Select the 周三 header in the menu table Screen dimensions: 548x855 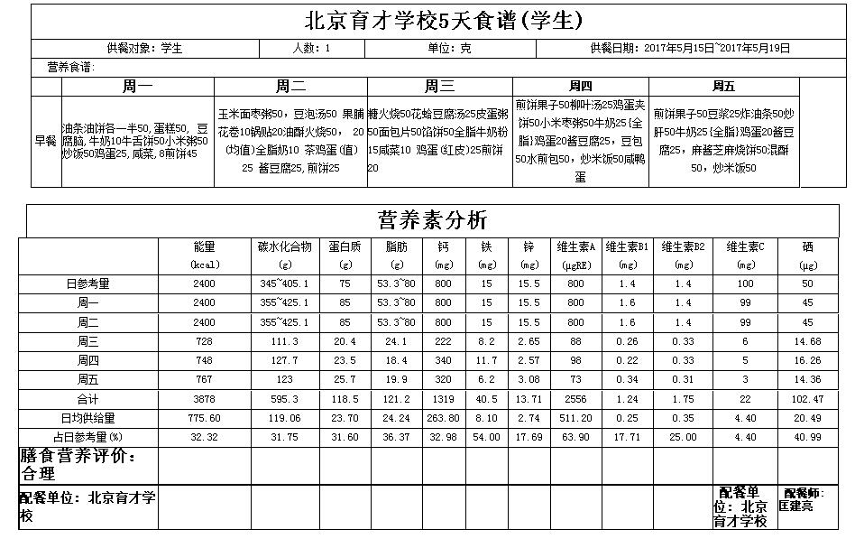click(439, 87)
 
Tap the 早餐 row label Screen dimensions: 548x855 click(45, 141)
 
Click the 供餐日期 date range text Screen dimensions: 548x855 click(690, 48)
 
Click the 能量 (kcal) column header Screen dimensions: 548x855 click(204, 255)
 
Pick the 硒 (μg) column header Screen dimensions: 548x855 click(807, 255)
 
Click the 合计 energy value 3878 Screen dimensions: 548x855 click(204, 399)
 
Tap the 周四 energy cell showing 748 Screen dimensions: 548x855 click(204, 360)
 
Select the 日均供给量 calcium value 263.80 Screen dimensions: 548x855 click(442, 418)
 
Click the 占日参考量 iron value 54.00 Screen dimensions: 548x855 click(486, 438)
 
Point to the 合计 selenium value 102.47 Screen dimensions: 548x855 click(807, 399)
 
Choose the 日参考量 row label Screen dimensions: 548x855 click(87, 283)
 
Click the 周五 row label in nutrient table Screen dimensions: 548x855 click(87, 379)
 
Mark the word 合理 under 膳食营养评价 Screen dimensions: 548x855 click(38, 473)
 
